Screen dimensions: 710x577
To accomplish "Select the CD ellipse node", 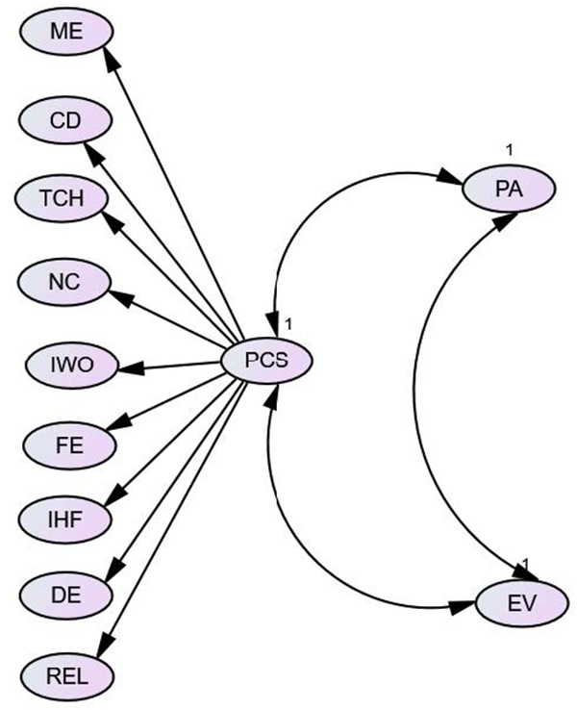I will [x=66, y=120].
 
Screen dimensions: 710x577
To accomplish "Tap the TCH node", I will [x=64, y=199].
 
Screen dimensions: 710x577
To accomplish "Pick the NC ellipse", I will [x=66, y=282].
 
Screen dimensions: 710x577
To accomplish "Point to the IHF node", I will [x=66, y=519].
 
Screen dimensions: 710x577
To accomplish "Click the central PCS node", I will [x=266, y=362].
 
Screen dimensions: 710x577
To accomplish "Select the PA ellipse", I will [x=509, y=189].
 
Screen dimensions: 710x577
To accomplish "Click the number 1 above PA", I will [x=510, y=148].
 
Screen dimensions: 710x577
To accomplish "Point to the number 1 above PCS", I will [x=288, y=321].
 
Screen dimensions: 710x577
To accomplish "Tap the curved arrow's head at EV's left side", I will [x=467, y=606].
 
